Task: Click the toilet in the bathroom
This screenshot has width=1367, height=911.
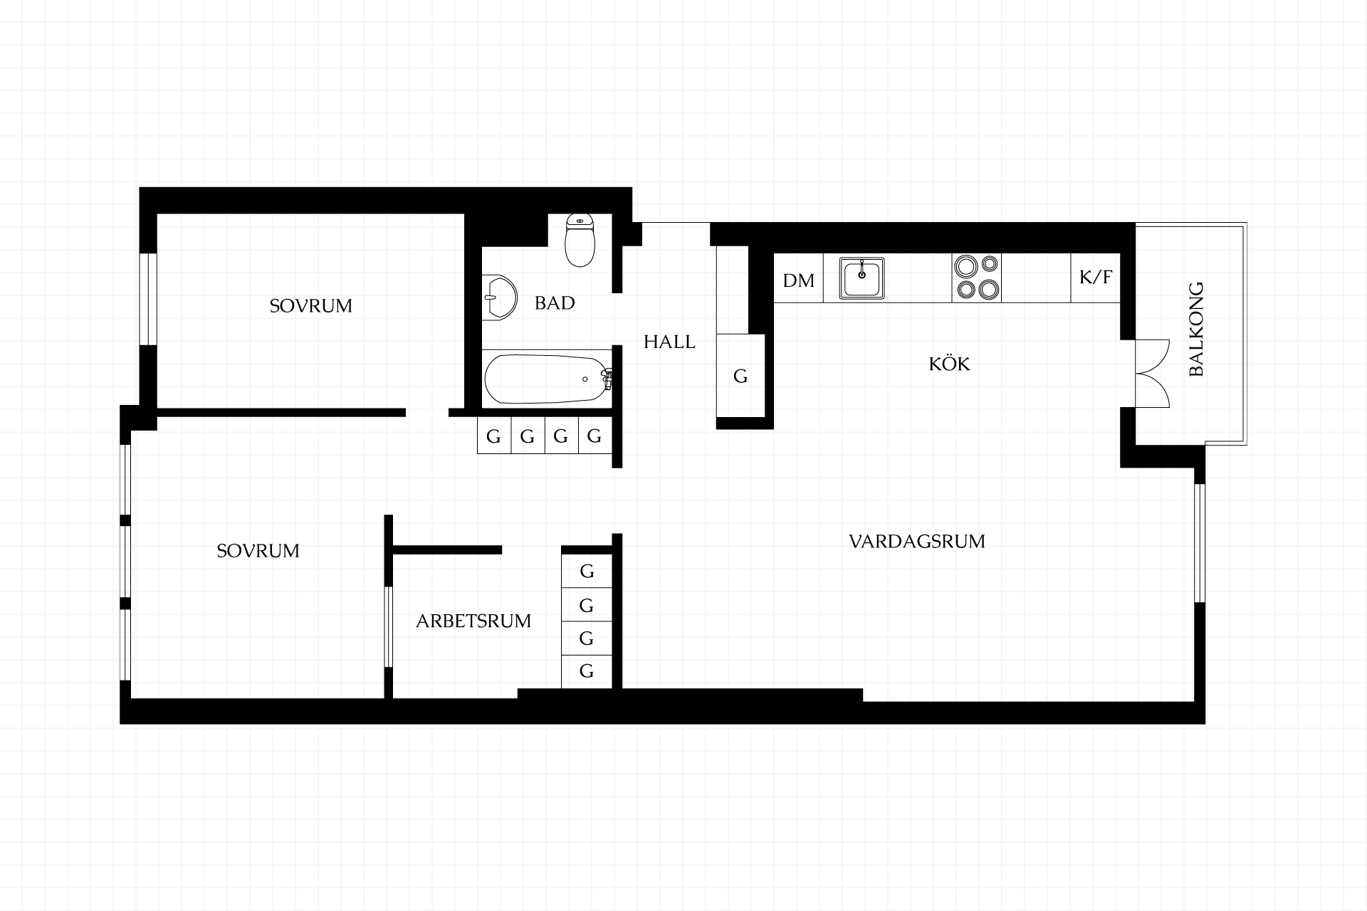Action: tap(580, 241)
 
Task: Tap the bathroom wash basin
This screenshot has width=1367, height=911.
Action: tap(499, 297)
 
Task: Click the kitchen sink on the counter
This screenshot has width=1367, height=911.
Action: tap(861, 278)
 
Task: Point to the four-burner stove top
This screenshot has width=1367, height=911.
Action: tap(977, 277)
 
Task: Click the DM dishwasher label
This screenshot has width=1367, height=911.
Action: tap(798, 280)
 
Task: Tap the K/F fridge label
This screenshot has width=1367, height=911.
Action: tap(1096, 277)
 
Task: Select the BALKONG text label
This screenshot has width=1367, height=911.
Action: tap(1196, 330)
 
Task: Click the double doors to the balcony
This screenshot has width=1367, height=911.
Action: tap(1151, 374)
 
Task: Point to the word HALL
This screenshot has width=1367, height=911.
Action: tap(669, 342)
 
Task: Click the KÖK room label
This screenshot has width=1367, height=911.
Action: tap(949, 364)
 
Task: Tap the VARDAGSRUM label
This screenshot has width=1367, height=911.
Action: tap(917, 542)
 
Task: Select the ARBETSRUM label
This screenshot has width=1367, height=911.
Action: tap(473, 621)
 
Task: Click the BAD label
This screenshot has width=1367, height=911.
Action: tap(555, 303)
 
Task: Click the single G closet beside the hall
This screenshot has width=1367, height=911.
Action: tap(740, 376)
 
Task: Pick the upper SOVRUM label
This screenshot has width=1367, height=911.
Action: tap(310, 306)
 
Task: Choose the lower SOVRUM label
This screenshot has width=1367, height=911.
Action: tap(258, 551)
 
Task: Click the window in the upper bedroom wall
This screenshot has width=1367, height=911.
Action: tap(148, 299)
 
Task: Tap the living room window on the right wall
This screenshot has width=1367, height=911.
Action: tap(1199, 543)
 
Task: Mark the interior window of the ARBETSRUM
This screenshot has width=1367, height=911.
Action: tap(389, 626)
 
